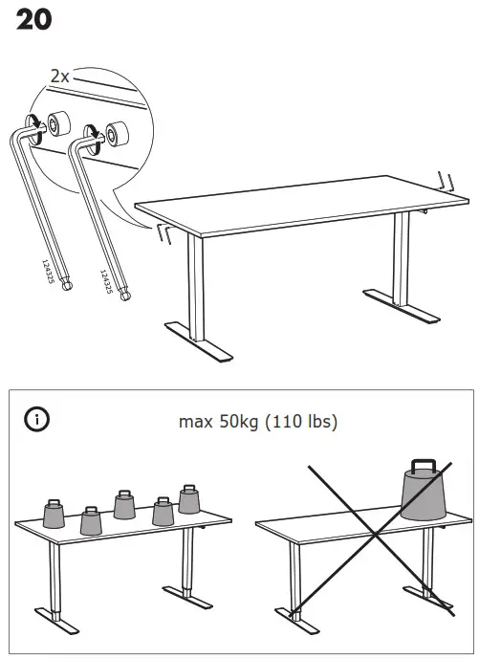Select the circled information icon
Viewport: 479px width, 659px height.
(37, 419)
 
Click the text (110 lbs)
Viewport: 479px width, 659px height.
(302, 420)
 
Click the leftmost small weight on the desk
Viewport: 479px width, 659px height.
(54, 514)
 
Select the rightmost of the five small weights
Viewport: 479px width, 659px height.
(190, 499)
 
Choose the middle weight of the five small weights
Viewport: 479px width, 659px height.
(123, 504)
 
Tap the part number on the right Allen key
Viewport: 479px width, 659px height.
(106, 280)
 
